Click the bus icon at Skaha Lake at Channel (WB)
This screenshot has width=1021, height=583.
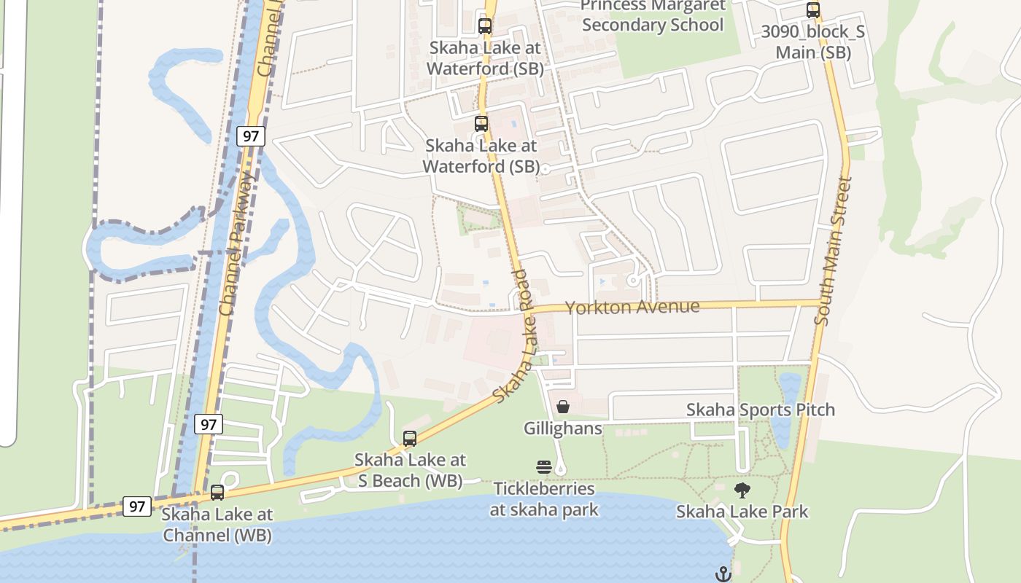pos(217,493)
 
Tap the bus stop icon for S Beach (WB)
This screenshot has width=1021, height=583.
pos(410,439)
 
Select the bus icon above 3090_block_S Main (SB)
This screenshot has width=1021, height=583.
pos(813,11)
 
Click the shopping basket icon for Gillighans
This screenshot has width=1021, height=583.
pos(563,407)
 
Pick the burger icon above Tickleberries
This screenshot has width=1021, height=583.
pos(544,467)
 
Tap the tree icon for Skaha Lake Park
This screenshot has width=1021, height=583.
pos(742,490)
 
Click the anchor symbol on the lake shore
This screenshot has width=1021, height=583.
pos(723,574)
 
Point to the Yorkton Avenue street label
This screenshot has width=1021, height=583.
pos(632,307)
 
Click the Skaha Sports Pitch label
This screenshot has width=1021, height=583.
pos(761,410)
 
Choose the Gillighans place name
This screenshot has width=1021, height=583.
pos(563,428)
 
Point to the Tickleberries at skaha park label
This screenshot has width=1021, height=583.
pos(544,499)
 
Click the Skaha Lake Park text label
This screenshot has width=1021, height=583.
pos(742,512)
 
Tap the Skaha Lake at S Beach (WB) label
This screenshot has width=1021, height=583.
pos(410,470)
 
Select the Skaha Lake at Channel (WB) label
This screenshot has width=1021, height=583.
pos(217,525)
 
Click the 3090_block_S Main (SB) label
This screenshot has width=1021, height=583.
pos(813,42)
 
